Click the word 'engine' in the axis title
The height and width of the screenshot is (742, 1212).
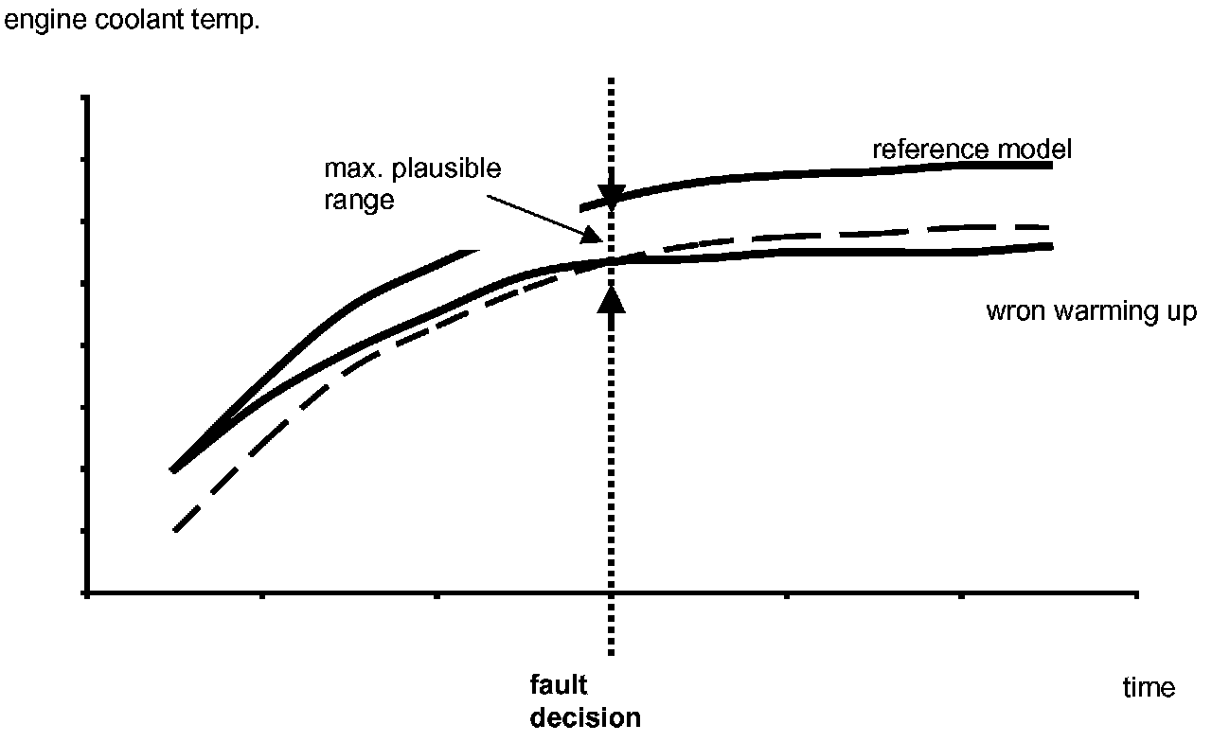pyautogui.click(x=36, y=20)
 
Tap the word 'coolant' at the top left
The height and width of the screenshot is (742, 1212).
pyautogui.click(x=121, y=20)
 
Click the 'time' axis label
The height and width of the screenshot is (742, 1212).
pyautogui.click(x=1149, y=687)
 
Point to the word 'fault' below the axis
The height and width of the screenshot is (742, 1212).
pyautogui.click(x=559, y=685)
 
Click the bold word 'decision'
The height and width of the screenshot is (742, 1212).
pyautogui.click(x=585, y=717)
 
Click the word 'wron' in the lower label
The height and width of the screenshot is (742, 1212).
pyautogui.click(x=1011, y=311)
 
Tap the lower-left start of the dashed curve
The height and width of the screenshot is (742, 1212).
pyautogui.click(x=175, y=530)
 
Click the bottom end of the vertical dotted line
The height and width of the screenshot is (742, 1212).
pyautogui.click(x=612, y=653)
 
